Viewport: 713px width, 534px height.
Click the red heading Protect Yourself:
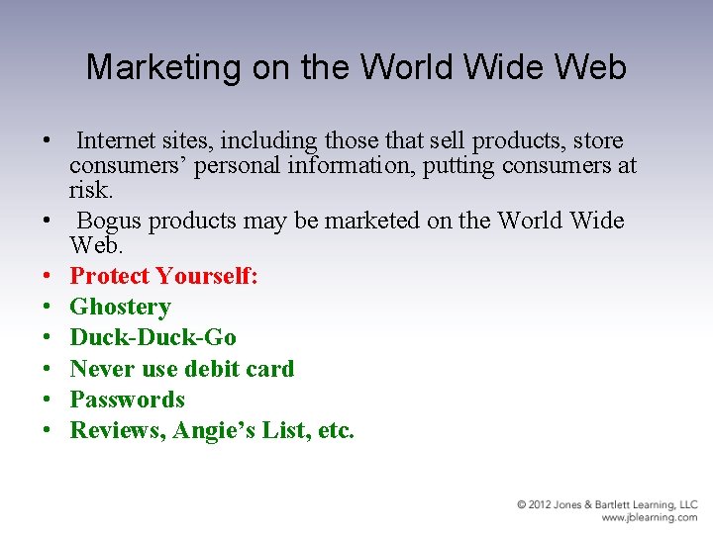click(x=163, y=276)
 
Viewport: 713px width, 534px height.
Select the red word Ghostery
click(x=120, y=308)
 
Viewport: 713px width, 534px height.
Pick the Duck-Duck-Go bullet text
click(x=153, y=338)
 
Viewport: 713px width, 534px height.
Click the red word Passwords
click(x=127, y=400)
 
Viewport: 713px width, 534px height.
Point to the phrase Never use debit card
click(x=181, y=369)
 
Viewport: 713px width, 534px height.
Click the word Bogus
click(x=112, y=220)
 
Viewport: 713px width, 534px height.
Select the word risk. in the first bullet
click(x=90, y=189)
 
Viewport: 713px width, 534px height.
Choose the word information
click(x=351, y=165)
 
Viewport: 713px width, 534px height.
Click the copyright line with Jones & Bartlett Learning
click(x=606, y=505)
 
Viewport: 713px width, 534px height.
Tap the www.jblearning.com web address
click(x=650, y=517)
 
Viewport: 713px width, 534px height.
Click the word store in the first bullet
click(x=595, y=140)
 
